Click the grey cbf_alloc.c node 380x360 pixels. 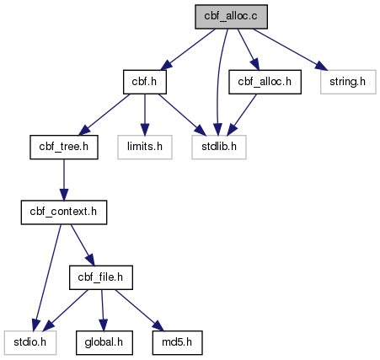tap(231, 17)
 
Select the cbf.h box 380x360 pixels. tap(145, 82)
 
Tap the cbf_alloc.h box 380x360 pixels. tap(265, 82)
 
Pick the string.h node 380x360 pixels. tap(348, 82)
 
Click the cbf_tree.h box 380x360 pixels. tap(64, 147)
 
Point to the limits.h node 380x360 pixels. tap(145, 147)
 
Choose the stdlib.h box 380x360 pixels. tap(219, 147)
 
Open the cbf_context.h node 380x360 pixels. tap(64, 212)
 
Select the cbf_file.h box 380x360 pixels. tap(101, 277)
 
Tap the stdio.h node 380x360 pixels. tap(30, 342)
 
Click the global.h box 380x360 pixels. tap(104, 342)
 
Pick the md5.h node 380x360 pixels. tap(177, 342)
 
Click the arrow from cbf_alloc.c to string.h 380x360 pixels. tap(290, 50)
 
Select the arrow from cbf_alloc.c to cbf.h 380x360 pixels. tap(188, 49)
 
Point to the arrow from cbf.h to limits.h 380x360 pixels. tap(145, 115)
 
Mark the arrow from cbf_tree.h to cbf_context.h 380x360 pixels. tap(64, 180)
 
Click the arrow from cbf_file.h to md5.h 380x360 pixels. tap(139, 310)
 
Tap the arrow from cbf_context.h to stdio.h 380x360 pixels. tap(47, 277)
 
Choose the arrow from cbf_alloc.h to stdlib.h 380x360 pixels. tap(242, 115)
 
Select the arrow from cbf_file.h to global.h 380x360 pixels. tap(103, 310)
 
